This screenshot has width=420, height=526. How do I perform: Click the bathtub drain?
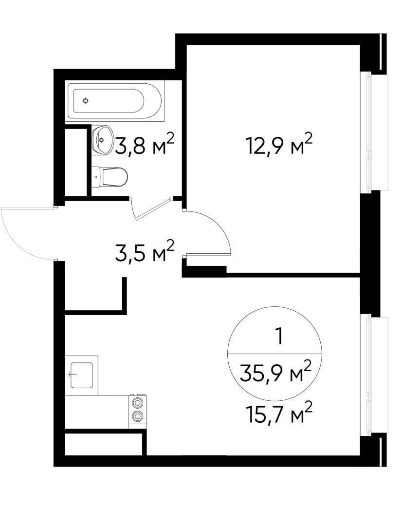coord(86,101)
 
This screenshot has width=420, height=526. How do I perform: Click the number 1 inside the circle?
coord(278,337)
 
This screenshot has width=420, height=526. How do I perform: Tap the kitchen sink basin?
coord(81,375)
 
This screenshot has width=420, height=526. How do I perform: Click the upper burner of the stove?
coord(137,402)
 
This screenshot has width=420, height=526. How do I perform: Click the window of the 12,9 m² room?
coord(374,132)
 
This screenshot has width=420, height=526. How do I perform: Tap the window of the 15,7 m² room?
coord(374,376)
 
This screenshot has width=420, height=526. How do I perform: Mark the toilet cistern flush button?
coord(96,177)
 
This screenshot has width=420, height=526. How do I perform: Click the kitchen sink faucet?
coord(72,374)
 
